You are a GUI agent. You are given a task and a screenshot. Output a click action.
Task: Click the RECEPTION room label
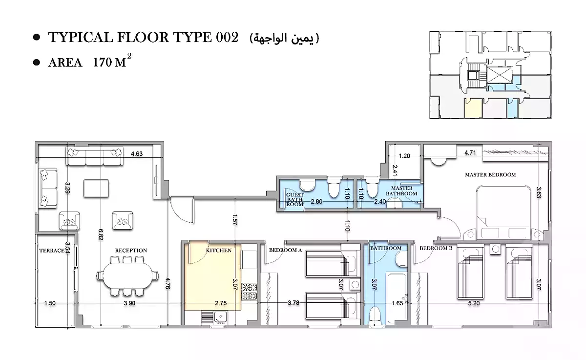(131, 251)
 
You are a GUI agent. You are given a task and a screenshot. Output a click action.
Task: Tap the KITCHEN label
(218, 250)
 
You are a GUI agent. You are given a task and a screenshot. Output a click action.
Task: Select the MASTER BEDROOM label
(490, 174)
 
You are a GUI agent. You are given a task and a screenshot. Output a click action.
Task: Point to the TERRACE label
(51, 251)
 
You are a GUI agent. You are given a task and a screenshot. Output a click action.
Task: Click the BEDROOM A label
(286, 250)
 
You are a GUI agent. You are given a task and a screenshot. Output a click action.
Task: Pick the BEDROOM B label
(436, 248)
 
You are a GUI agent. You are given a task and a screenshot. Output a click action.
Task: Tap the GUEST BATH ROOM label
(295, 200)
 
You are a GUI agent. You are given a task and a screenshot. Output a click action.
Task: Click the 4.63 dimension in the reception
(137, 154)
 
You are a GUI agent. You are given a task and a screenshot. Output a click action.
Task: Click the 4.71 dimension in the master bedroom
(470, 153)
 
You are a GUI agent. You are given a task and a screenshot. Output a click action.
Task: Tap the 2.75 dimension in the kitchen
(221, 303)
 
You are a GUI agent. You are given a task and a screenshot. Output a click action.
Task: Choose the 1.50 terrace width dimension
(50, 303)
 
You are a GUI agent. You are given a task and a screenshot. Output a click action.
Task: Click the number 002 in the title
(227, 38)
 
